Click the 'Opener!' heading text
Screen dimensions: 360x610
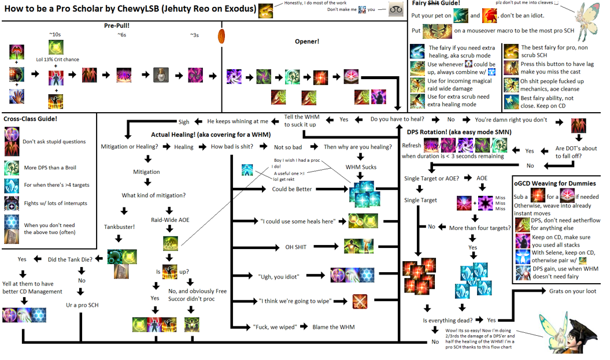(306, 42)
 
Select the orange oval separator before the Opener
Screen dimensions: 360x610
(221, 36)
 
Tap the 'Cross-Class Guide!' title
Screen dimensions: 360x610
(31, 119)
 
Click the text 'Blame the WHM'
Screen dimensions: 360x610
(333, 327)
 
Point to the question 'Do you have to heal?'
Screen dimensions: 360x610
(398, 120)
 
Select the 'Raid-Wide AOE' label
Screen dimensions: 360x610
(170, 220)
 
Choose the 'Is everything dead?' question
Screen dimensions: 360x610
(449, 320)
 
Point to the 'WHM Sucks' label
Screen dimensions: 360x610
(361, 167)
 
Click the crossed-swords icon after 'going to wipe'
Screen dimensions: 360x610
(360, 301)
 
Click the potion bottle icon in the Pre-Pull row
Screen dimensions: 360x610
(161, 75)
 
